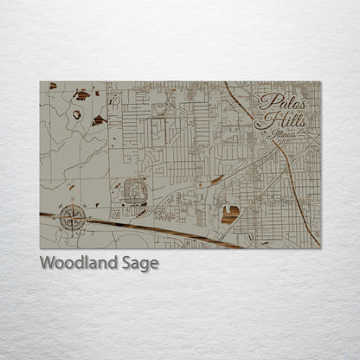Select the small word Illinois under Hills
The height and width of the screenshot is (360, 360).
tap(282, 136)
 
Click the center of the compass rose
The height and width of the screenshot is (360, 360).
tap(73, 217)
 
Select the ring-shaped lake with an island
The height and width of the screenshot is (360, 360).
tap(77, 114)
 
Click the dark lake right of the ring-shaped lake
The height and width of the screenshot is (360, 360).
tap(98, 119)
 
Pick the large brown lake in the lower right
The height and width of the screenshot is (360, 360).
tap(229, 214)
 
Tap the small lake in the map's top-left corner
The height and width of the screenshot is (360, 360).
tap(53, 86)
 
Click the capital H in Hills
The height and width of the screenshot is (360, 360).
tap(263, 121)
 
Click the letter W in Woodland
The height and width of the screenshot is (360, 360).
tap(47, 264)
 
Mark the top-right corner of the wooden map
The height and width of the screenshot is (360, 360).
tap(319, 82)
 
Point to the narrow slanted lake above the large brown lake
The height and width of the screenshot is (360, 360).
tap(216, 180)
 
